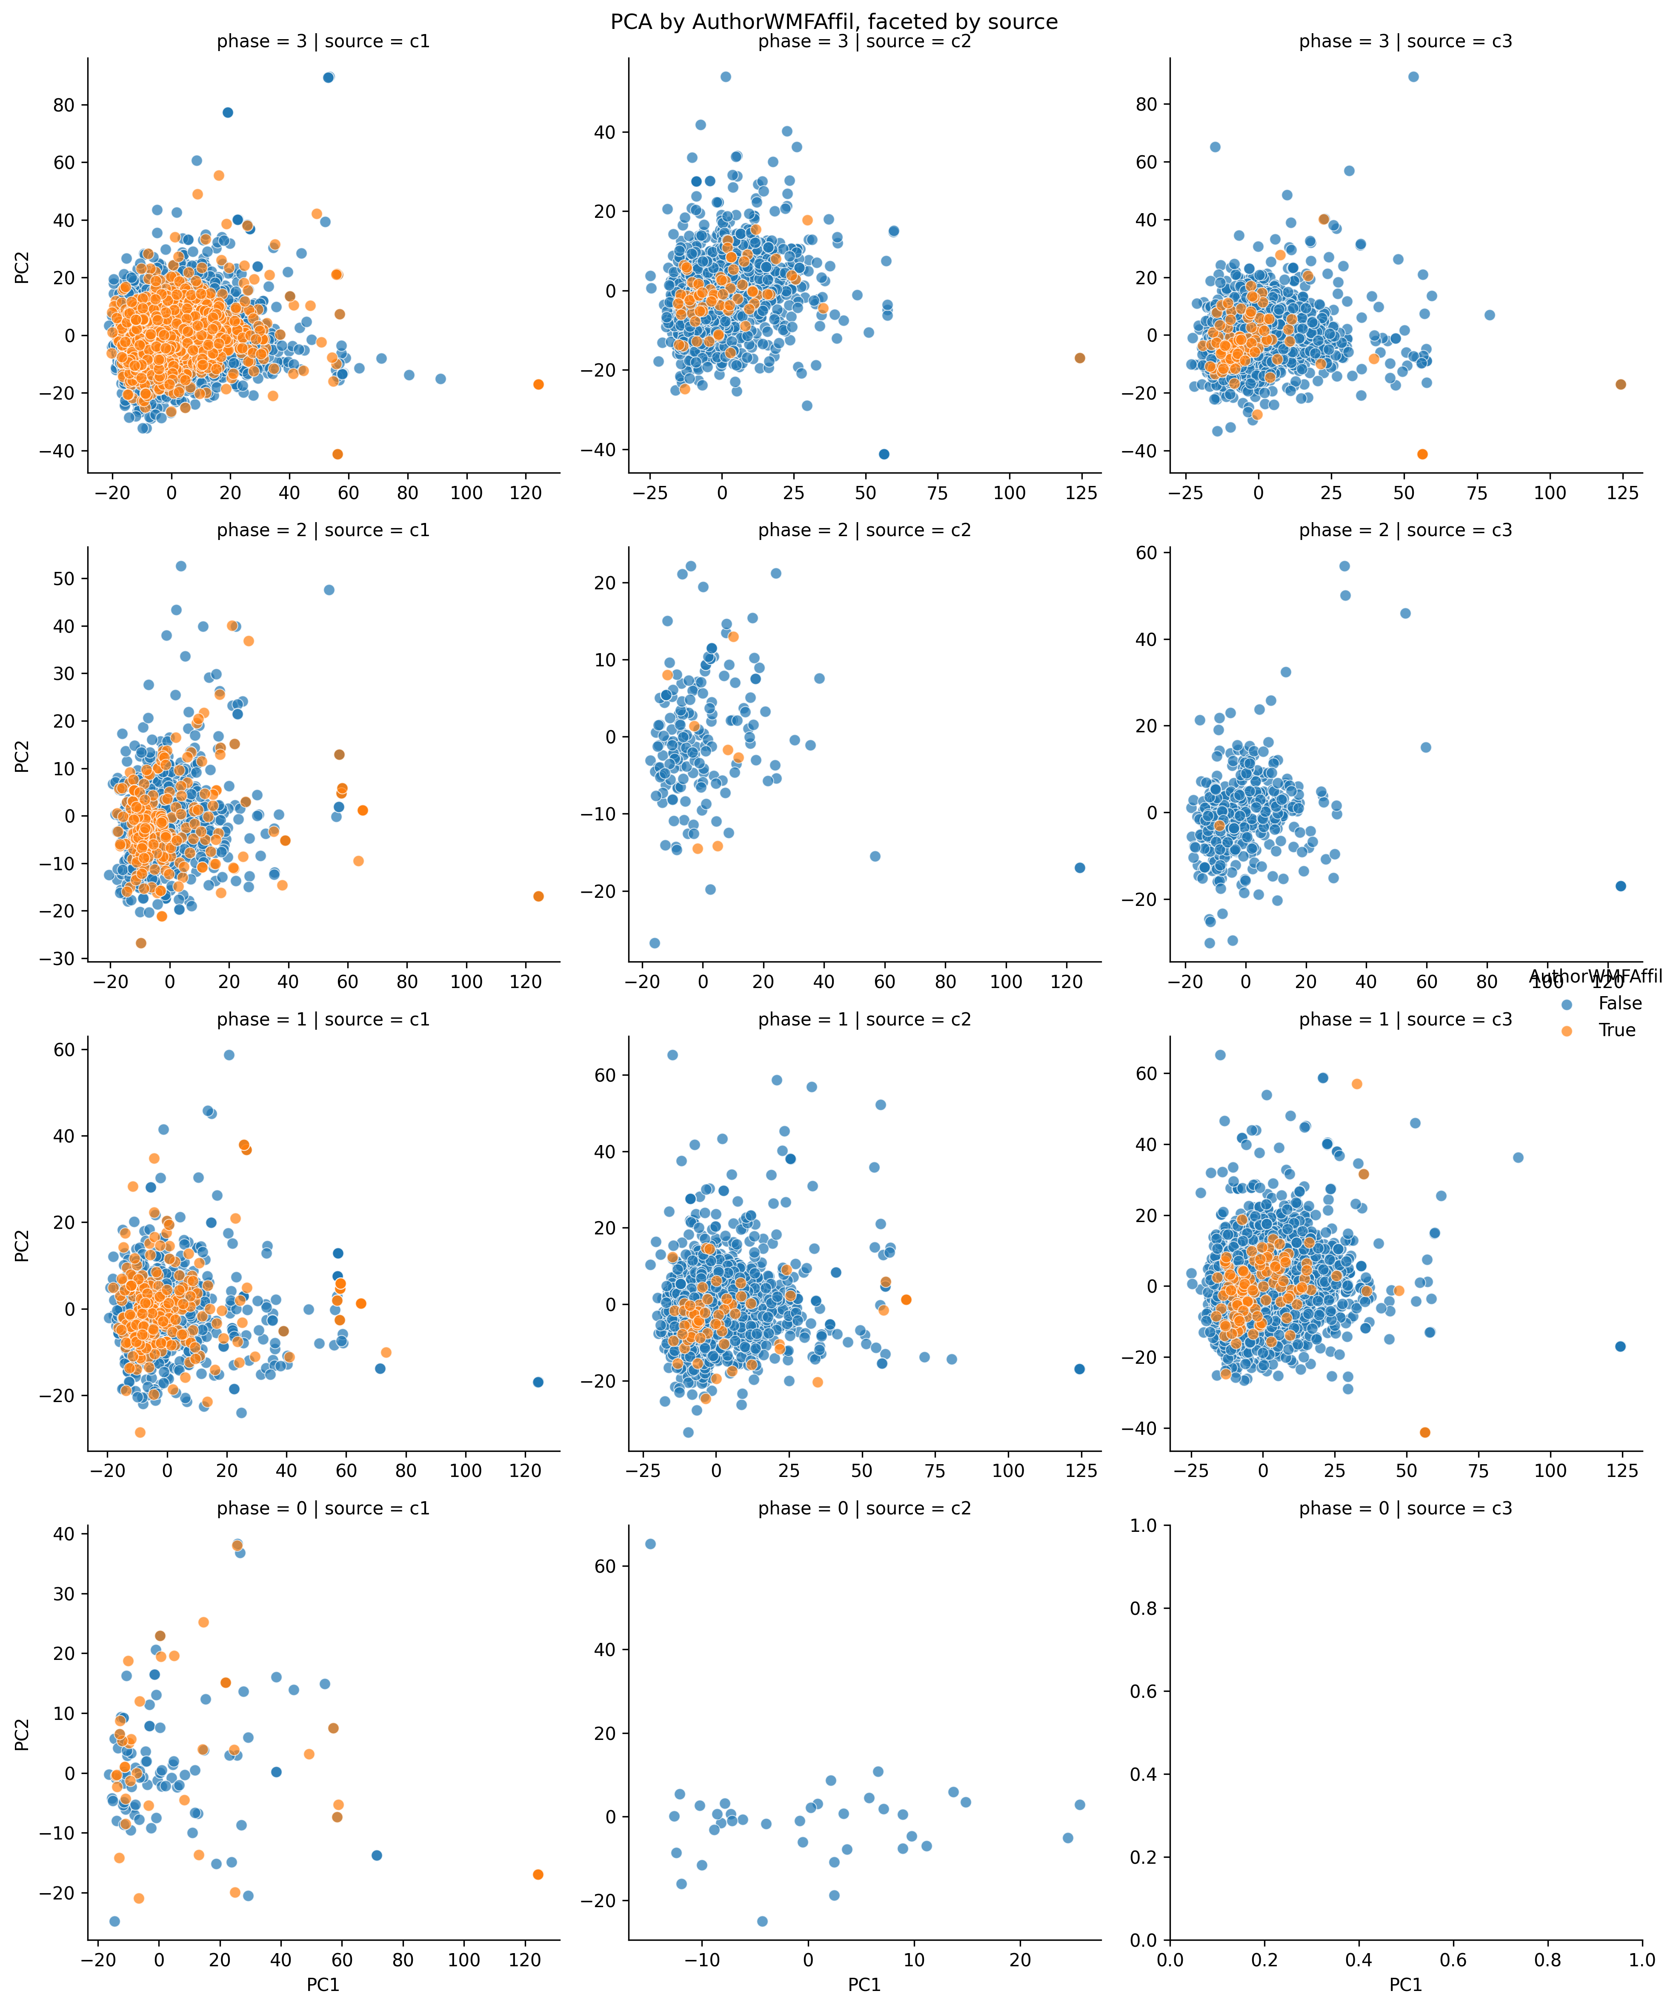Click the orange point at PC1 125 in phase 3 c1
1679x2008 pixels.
click(538, 384)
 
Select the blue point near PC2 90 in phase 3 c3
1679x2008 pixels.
click(1413, 77)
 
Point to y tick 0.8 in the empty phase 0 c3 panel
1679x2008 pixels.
click(1144, 1608)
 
